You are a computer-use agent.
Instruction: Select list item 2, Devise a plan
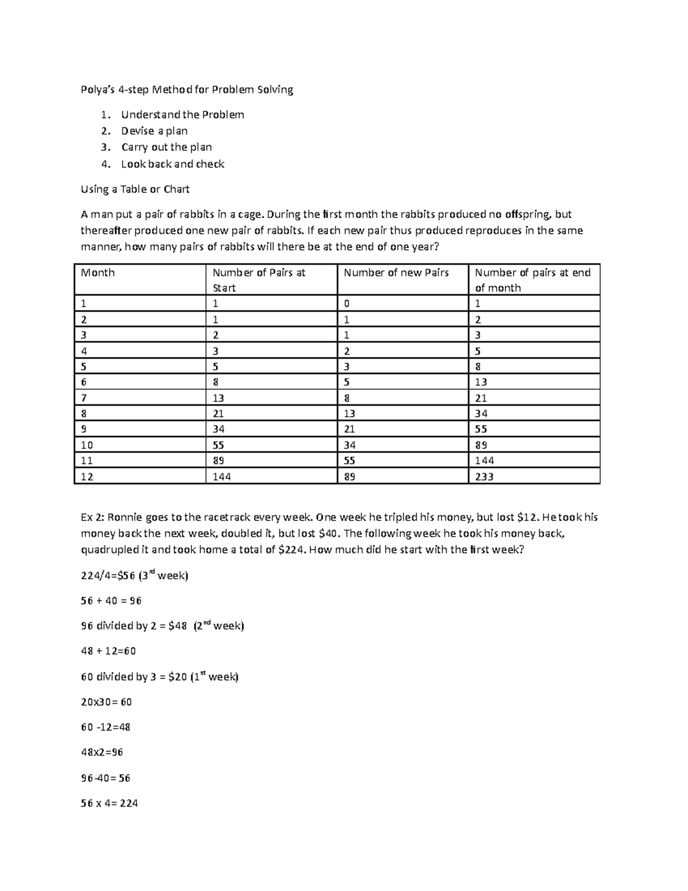coord(154,131)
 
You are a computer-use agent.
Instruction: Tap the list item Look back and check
coord(173,164)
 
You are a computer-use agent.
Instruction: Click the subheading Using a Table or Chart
coord(135,189)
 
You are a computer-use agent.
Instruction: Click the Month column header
coord(98,273)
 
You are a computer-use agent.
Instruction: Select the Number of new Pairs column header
coord(396,273)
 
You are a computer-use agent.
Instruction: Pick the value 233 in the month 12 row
coord(484,476)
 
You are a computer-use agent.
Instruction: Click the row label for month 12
coord(87,476)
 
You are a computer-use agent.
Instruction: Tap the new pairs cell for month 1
coord(347,304)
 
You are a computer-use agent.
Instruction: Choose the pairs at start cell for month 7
coord(218,398)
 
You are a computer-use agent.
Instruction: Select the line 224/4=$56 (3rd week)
coord(135,575)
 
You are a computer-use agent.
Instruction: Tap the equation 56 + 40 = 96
coord(111,601)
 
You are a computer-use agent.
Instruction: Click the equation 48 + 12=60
coord(108,651)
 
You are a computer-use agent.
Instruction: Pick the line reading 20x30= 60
coord(107,702)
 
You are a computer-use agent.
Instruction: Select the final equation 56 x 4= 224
coord(110,803)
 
